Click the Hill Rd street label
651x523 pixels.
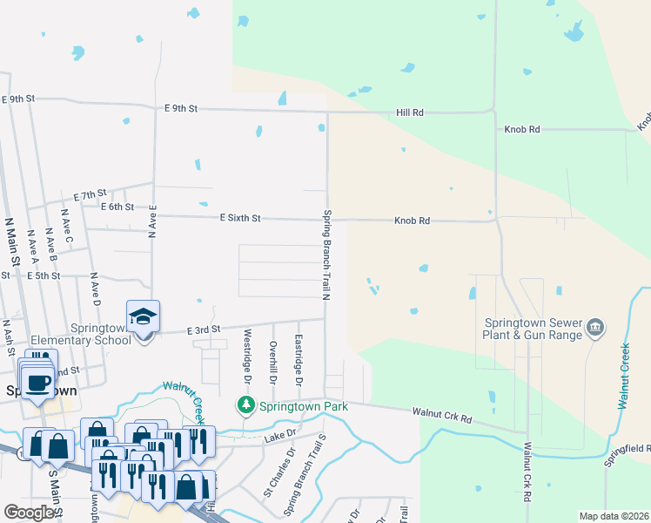409,112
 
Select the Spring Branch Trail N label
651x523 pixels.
327,255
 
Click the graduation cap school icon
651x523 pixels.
144,316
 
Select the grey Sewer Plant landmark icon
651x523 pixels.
595,328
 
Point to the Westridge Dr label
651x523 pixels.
247,357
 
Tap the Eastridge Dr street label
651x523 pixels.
298,360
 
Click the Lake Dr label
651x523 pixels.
280,432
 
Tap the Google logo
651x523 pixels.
29,513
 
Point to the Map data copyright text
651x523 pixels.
613,516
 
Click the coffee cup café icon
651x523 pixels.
37,384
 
